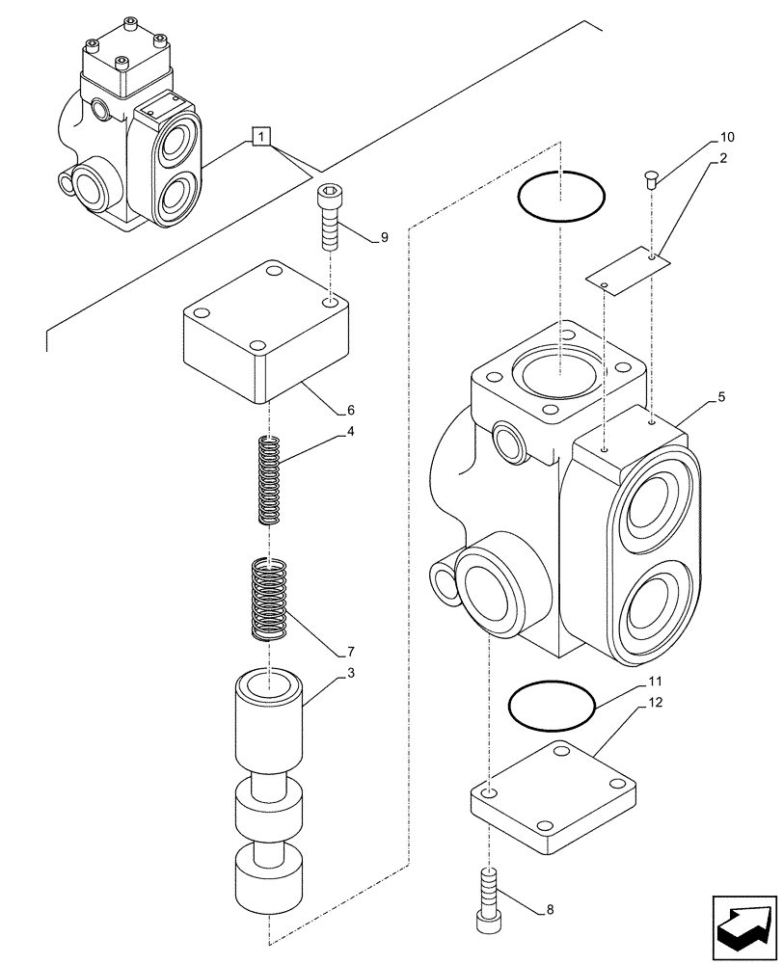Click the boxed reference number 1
point(262,136)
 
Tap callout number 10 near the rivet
point(726,138)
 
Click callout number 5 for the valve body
point(722,396)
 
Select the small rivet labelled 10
point(651,177)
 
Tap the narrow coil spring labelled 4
point(271,480)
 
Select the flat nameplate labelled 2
point(628,271)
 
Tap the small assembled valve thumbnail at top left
point(130,135)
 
